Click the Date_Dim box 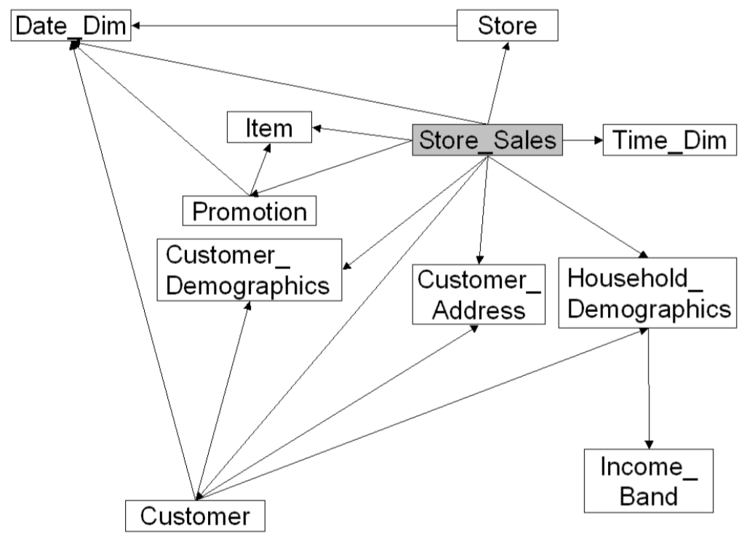tap(71, 25)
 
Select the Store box tap(508, 25)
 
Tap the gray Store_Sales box tap(487, 140)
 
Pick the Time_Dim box tap(670, 140)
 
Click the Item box tap(269, 127)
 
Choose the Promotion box tap(249, 211)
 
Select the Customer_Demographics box tap(249, 270)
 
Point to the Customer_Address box tap(479, 294)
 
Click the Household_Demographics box tap(647, 293)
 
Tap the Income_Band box tap(649, 481)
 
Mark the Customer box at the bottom tap(195, 516)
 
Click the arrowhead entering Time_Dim tap(599, 140)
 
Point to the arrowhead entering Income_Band tap(649, 444)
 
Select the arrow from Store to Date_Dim tap(294, 25)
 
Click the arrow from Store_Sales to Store tap(497, 83)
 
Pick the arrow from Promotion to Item tap(260, 169)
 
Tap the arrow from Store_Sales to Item tap(362, 134)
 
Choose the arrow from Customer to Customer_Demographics tap(223, 401)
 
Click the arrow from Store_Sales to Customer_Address tap(483, 210)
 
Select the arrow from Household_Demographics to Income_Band tap(649, 388)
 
